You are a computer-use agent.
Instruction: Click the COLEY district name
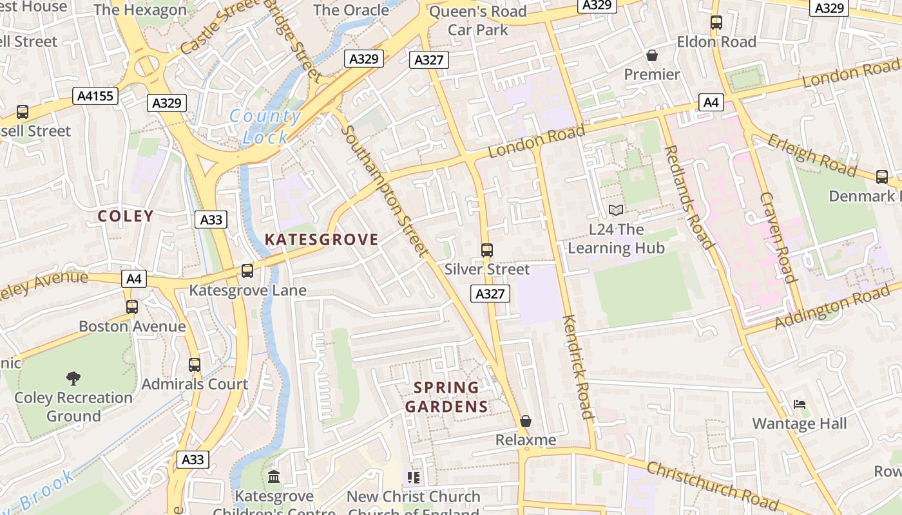coord(126,216)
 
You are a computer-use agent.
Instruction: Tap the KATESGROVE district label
coord(321,239)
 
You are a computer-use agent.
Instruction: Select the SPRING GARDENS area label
coord(446,397)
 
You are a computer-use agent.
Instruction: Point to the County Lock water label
coord(265,126)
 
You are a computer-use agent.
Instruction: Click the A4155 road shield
coord(95,97)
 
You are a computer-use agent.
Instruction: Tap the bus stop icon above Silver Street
coord(487,250)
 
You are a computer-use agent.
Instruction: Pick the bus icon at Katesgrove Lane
coord(247,271)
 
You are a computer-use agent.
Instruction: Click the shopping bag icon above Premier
coord(652,55)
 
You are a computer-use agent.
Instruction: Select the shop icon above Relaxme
coord(526,421)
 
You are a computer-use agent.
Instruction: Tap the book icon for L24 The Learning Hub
coord(616,210)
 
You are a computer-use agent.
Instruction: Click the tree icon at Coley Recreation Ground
coord(73,378)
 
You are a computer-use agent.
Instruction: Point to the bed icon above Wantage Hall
coord(800,404)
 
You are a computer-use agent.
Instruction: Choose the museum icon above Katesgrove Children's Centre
coord(274,477)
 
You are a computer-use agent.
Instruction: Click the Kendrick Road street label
coord(577,367)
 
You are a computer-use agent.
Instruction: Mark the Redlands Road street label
coord(689,197)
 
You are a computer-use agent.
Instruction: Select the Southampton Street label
coord(384,191)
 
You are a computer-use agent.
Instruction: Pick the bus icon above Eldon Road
coord(716,23)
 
